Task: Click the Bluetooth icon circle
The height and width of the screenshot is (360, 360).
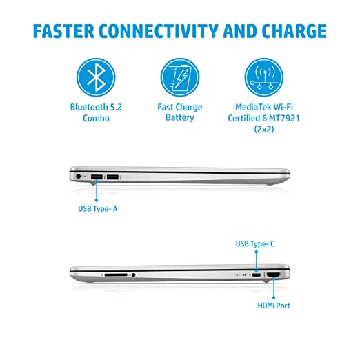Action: pos(96,77)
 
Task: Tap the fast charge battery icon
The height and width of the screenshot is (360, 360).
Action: pos(180,77)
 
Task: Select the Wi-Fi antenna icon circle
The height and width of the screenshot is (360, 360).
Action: pos(264,77)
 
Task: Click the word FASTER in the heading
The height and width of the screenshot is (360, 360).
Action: pos(63,31)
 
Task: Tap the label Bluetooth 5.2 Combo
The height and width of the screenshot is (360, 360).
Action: pos(96,112)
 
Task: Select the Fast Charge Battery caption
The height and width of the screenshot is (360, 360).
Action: pos(180,112)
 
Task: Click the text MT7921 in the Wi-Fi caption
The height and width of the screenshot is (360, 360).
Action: pos(284,118)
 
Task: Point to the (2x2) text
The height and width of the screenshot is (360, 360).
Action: pos(264,129)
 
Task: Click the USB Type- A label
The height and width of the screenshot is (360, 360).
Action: pos(98,209)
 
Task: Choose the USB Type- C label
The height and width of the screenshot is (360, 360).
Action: pos(255,243)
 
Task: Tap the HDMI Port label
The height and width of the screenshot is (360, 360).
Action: pos(274,306)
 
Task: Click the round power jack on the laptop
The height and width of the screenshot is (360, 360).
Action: pos(79,177)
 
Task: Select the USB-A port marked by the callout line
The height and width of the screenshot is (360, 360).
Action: pos(97,177)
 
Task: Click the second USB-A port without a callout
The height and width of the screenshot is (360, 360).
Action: pos(112,177)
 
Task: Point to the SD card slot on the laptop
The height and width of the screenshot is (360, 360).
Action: pos(116,274)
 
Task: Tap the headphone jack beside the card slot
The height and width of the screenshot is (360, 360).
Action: pos(133,275)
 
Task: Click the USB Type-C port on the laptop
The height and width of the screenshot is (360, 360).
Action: pos(257,275)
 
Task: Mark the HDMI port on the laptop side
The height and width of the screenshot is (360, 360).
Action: pos(274,274)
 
